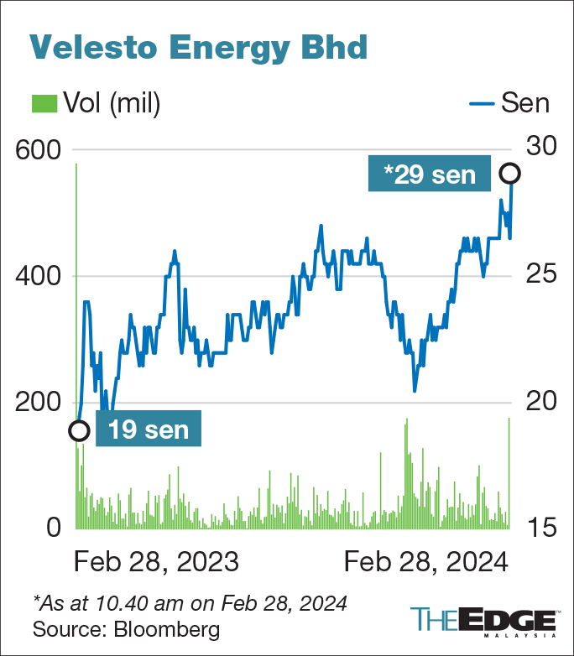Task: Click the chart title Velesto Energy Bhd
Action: pos(199,47)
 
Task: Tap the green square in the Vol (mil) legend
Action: pos(43,103)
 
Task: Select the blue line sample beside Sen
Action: pos(480,103)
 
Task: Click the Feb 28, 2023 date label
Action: pos(156,562)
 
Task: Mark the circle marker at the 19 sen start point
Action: pos(78,430)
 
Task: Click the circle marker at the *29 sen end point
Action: pos(510,174)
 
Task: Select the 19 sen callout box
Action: pos(149,430)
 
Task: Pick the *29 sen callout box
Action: pos(429,174)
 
